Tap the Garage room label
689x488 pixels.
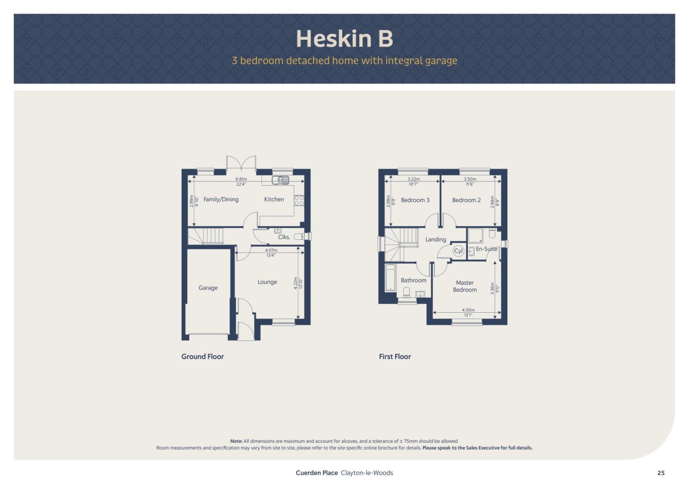208,288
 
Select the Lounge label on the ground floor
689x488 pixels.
267,282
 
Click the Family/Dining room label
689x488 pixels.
221,200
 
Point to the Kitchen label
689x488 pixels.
274,199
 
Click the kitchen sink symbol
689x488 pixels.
280,180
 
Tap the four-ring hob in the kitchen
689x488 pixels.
299,201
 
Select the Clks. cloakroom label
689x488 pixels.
284,237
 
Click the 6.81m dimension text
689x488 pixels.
241,179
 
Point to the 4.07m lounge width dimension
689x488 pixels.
271,250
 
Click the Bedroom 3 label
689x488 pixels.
415,200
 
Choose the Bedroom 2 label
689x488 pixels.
466,200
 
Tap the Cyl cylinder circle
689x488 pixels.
458,251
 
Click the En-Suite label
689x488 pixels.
486,249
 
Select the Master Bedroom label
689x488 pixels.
465,286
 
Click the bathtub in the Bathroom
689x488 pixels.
391,277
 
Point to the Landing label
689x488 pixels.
436,239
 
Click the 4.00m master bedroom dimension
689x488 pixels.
468,310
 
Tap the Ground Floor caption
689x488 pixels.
202,357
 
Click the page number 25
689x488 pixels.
661,473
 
